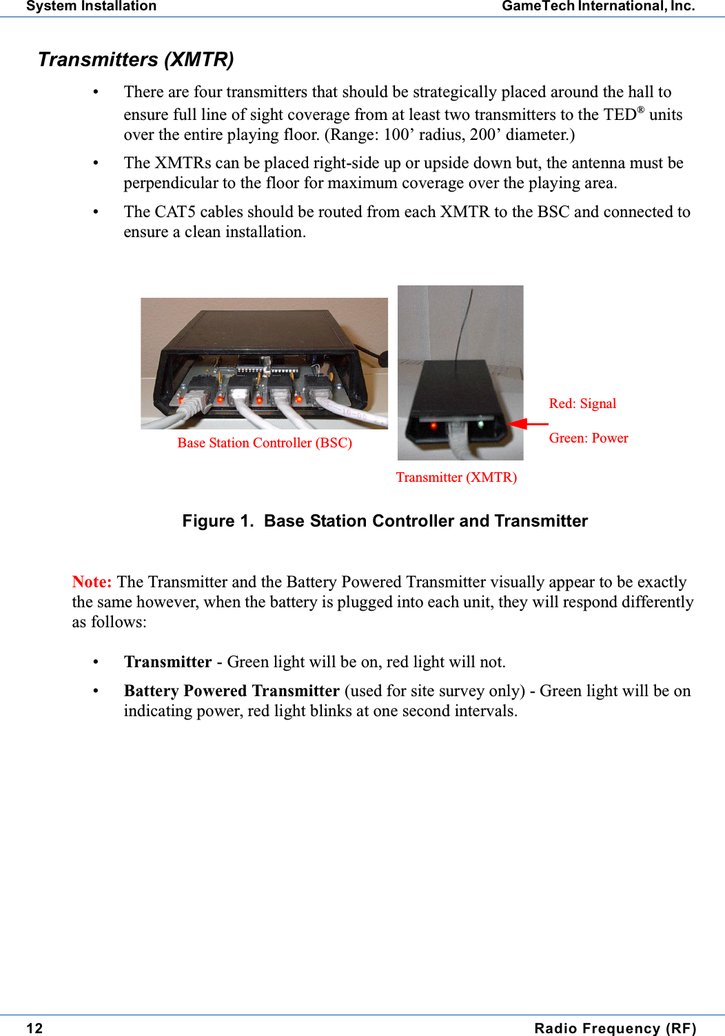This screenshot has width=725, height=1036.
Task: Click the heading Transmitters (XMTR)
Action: (x=136, y=60)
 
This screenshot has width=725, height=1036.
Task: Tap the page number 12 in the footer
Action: (x=34, y=1028)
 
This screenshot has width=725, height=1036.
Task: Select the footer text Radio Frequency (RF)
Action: (x=615, y=1028)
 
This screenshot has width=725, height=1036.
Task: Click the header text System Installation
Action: (x=91, y=6)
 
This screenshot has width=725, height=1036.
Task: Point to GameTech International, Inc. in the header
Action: (x=598, y=6)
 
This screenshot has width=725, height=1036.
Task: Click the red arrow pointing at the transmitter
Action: (x=528, y=424)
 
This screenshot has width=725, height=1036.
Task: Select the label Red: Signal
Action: (x=582, y=403)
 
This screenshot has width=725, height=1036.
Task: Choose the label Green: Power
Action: (x=588, y=438)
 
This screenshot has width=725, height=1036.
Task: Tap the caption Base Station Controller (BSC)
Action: (x=265, y=443)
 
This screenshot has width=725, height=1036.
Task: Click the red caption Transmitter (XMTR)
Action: (x=456, y=477)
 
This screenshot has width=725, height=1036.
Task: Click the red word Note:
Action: (x=92, y=582)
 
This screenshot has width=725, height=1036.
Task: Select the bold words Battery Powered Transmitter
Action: (x=232, y=691)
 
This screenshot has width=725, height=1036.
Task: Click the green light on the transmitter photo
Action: (x=481, y=425)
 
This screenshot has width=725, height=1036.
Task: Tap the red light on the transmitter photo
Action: (x=433, y=426)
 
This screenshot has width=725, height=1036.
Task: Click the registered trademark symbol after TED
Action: (x=640, y=110)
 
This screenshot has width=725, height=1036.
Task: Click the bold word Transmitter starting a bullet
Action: (x=167, y=662)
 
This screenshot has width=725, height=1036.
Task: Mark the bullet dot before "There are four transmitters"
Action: (x=96, y=92)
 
